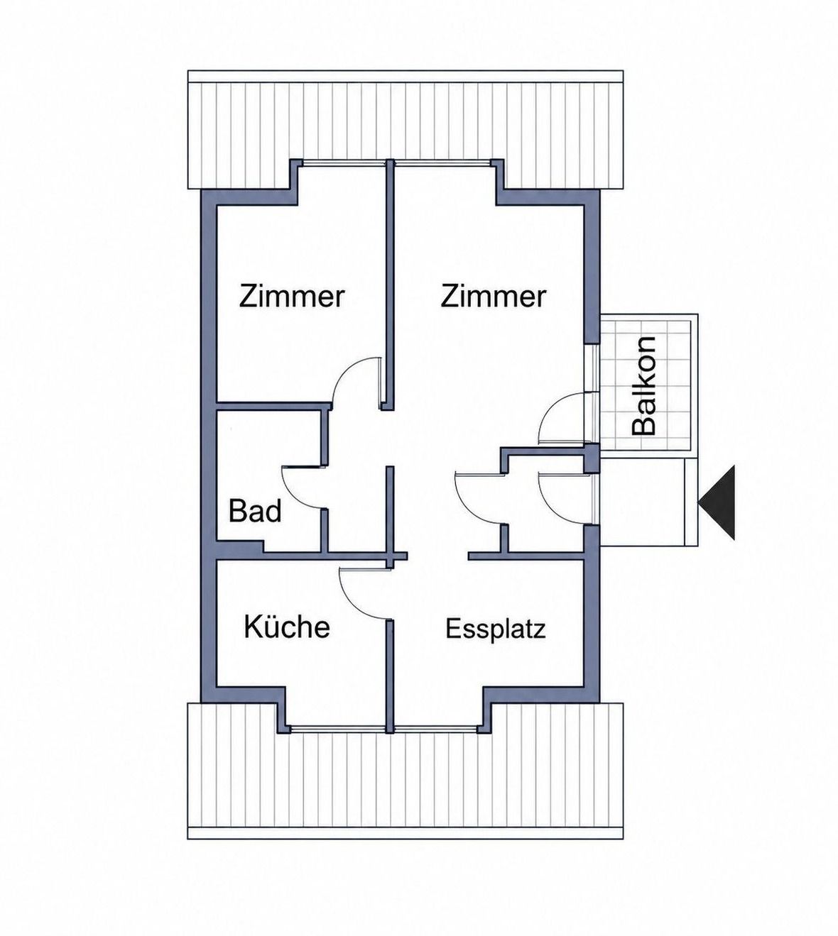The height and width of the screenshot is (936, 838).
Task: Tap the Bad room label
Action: point(255,511)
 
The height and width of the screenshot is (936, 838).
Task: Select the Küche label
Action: point(287,627)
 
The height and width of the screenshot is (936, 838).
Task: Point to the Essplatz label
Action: point(496,629)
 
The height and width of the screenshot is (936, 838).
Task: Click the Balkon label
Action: point(643,385)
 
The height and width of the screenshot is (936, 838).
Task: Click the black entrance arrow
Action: point(717,502)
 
